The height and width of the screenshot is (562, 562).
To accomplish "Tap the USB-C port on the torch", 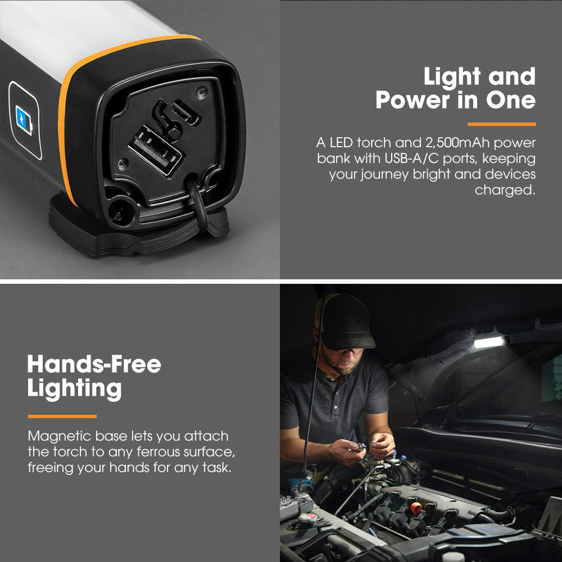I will click(x=185, y=113).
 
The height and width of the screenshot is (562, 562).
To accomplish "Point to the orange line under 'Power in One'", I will click(x=501, y=124).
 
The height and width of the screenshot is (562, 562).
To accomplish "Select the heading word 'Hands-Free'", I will click(x=94, y=365).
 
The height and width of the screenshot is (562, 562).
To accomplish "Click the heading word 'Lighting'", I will click(x=74, y=389).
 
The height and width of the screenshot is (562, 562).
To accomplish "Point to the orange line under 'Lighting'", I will click(x=62, y=416).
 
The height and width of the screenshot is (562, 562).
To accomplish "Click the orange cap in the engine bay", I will click(x=416, y=507).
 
